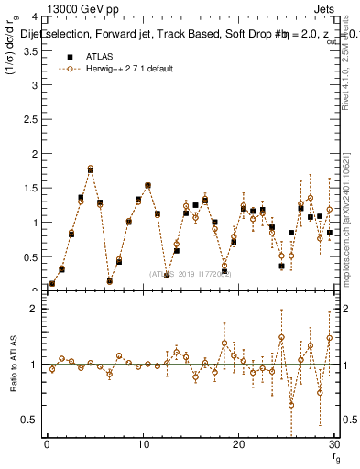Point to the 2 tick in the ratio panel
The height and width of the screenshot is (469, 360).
34,309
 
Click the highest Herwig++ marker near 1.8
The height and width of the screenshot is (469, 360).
91,169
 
